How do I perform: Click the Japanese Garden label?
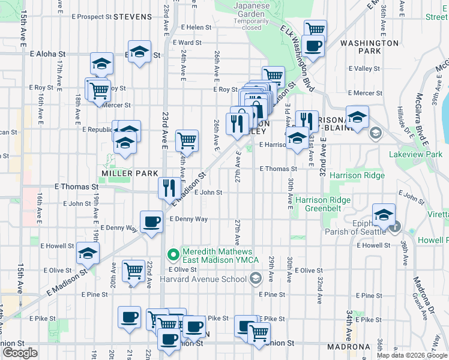pyautogui.click(x=247, y=12)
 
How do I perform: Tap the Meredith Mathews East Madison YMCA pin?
pyautogui.click(x=174, y=255)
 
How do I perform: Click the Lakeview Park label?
pyautogui.click(x=415, y=154)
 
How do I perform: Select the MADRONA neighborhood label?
pyautogui.click(x=347, y=347)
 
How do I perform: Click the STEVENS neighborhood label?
pyautogui.click(x=132, y=17)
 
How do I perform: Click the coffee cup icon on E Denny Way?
pyautogui.click(x=151, y=221)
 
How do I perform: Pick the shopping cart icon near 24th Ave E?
pyautogui.click(x=187, y=140)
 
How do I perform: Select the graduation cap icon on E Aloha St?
pyautogui.click(x=139, y=53)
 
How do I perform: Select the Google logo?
pyautogui.click(x=20, y=353)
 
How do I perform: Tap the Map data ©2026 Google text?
pyautogui.click(x=411, y=355)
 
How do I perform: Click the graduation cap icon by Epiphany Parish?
pyautogui.click(x=384, y=214)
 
